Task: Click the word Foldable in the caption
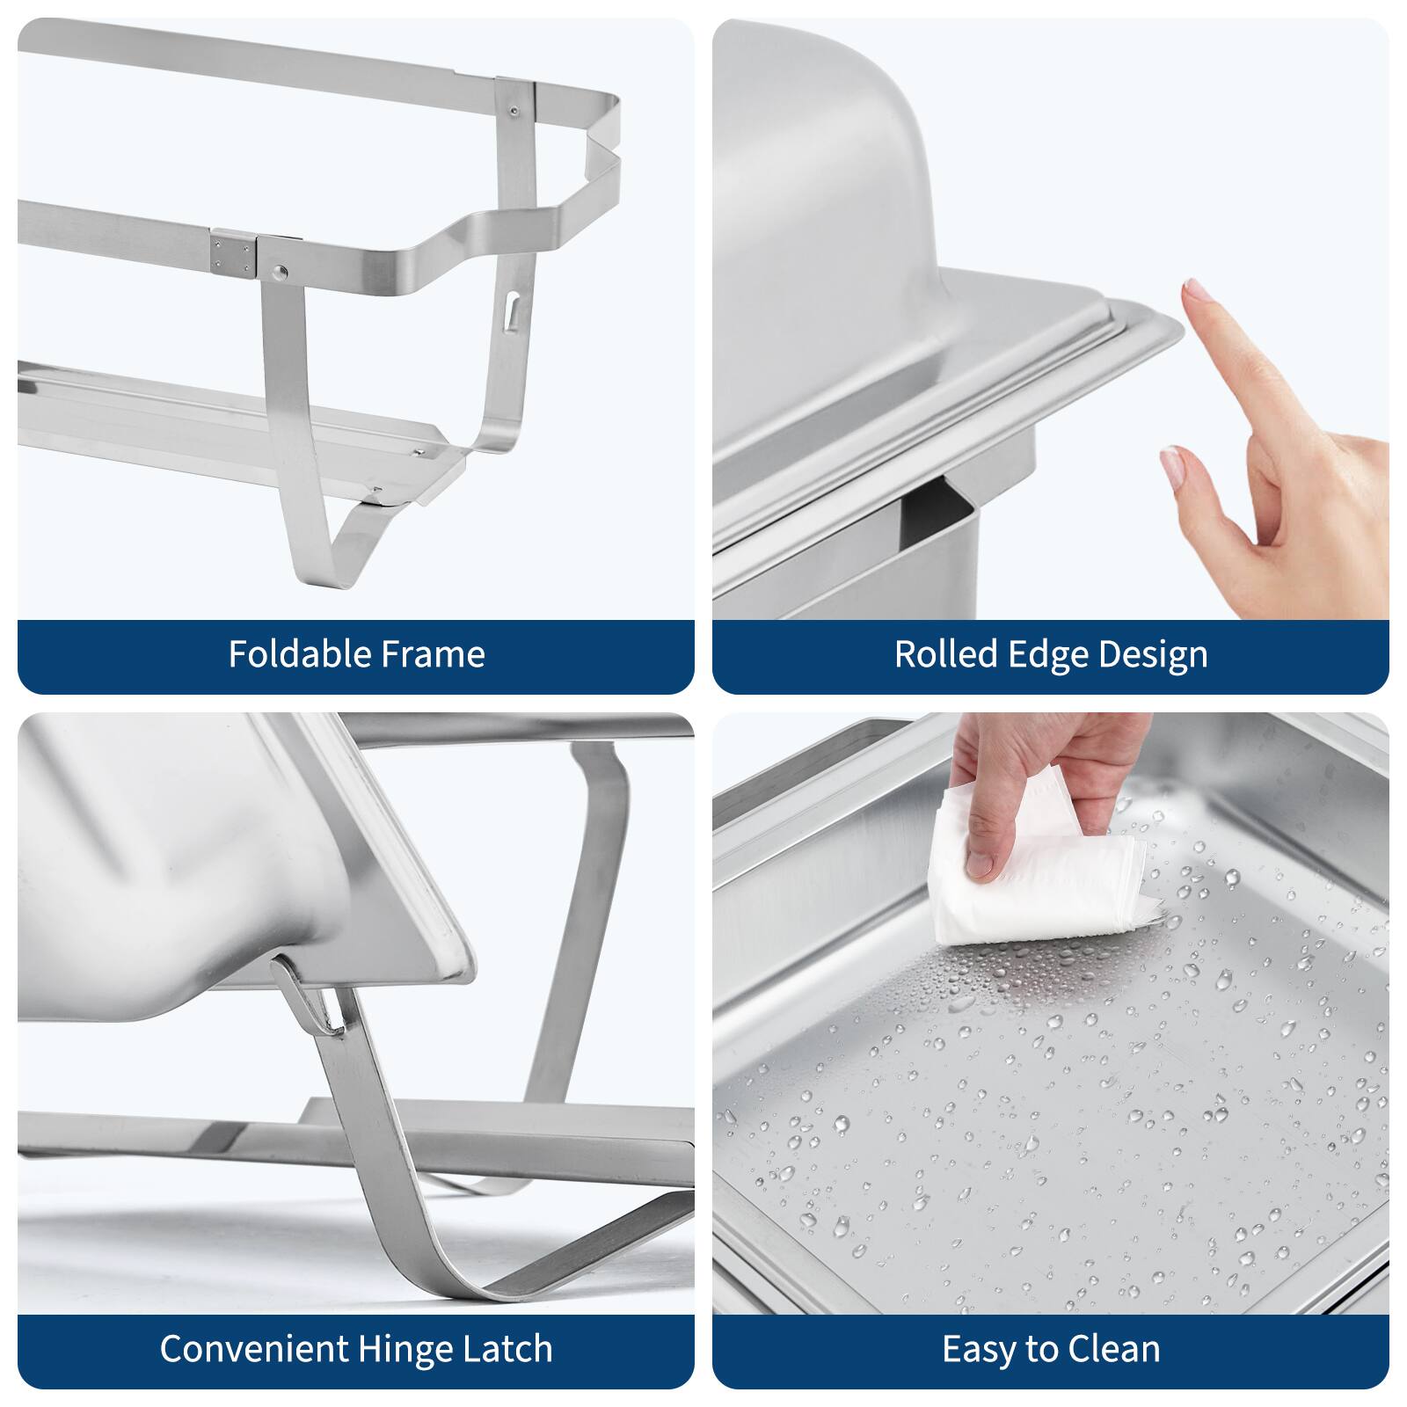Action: click(x=288, y=654)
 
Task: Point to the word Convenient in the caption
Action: click(x=254, y=1349)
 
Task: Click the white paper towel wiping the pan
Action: click(x=1038, y=888)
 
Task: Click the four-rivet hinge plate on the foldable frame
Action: click(x=232, y=252)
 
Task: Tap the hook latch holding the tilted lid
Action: click(x=308, y=998)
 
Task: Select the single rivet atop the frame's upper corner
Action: click(x=514, y=112)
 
